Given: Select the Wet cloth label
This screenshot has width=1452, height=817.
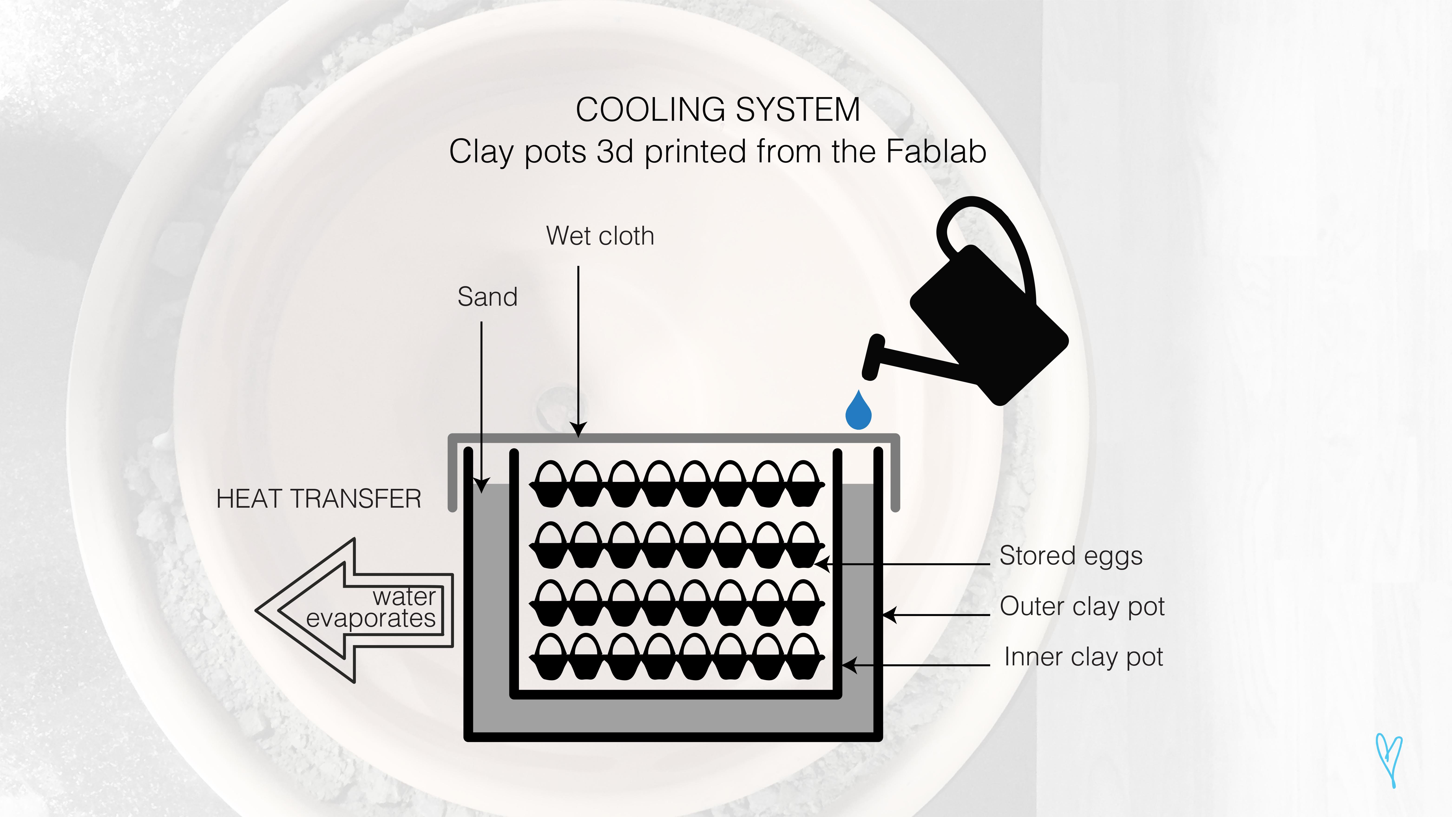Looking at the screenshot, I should click(600, 236).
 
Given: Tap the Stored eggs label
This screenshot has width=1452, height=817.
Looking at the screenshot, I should click(1070, 556).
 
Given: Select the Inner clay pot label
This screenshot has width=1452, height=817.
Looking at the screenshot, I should click(1083, 657).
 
